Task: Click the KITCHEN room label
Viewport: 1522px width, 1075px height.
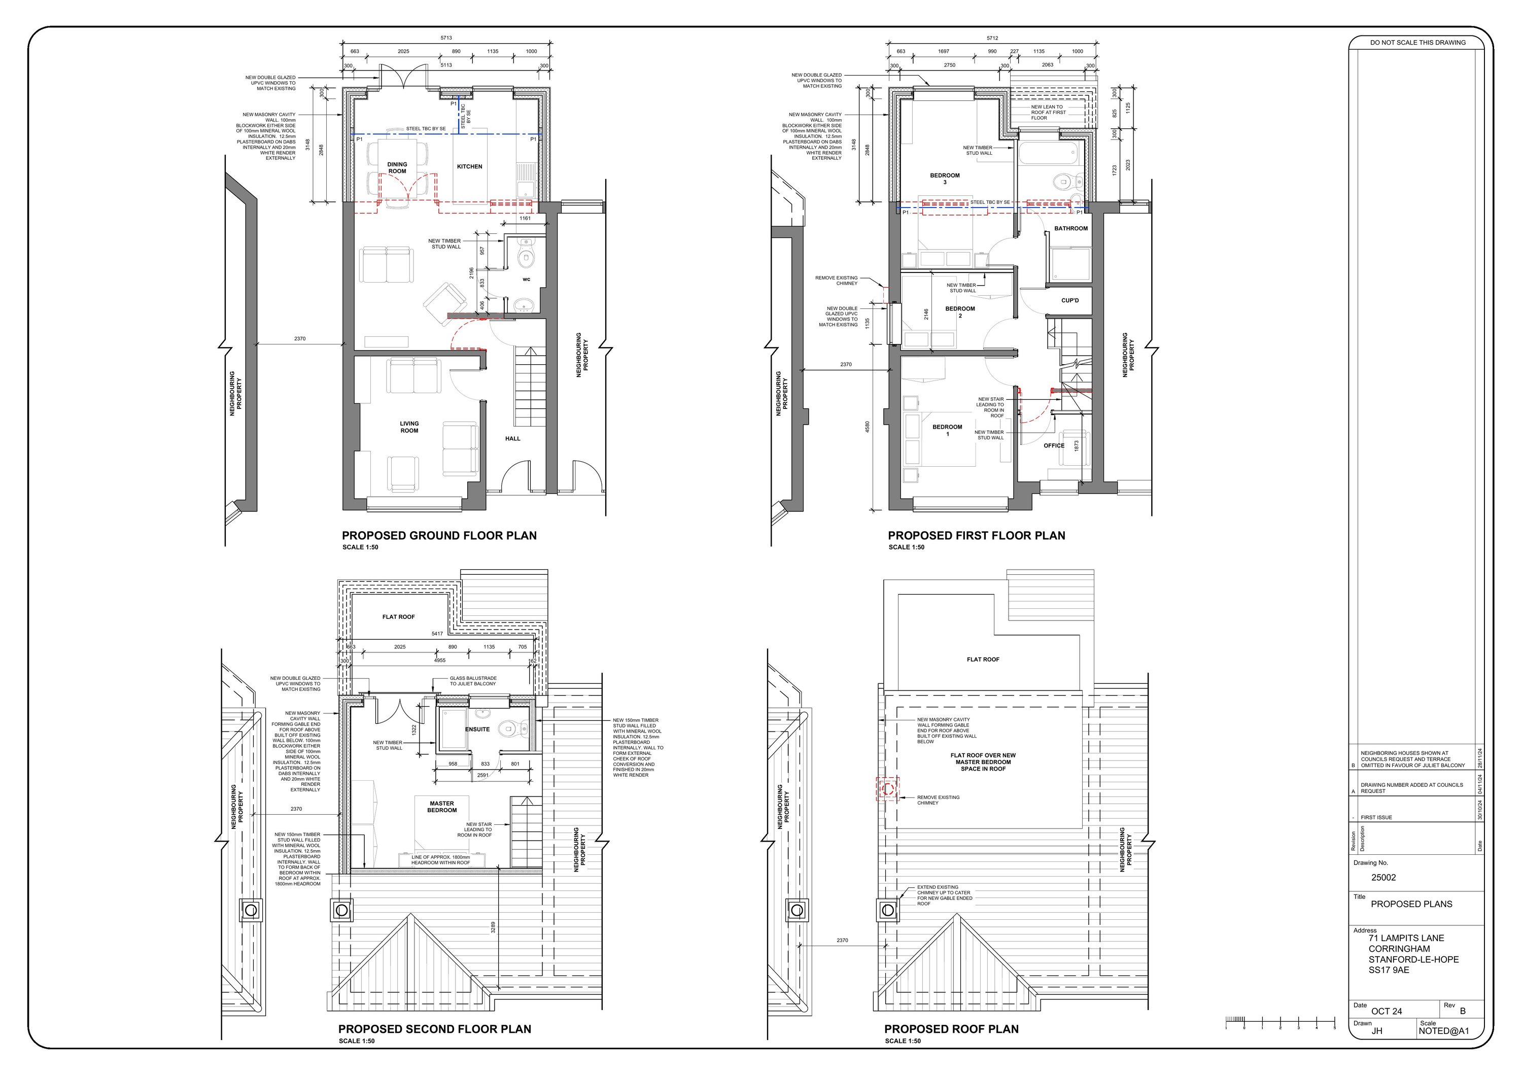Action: (x=469, y=166)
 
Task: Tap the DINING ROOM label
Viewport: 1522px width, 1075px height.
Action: (x=397, y=168)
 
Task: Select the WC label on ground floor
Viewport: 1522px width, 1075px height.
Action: (x=526, y=279)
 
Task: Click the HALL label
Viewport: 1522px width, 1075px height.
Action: (x=512, y=438)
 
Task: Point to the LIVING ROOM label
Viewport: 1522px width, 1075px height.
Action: (x=409, y=427)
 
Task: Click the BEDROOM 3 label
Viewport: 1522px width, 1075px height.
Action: (x=945, y=178)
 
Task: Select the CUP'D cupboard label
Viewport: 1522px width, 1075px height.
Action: (x=1070, y=300)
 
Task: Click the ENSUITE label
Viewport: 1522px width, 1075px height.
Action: (x=477, y=729)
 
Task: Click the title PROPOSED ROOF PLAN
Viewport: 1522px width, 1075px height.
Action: (x=951, y=1029)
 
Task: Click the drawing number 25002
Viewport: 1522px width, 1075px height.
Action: (x=1383, y=877)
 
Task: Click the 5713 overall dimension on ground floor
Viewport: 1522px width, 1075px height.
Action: (x=446, y=38)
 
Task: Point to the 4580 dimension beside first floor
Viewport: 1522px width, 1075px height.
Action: (x=867, y=428)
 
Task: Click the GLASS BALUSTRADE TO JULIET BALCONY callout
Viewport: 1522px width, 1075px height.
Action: (x=473, y=681)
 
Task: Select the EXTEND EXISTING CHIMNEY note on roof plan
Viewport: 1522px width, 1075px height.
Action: (x=944, y=895)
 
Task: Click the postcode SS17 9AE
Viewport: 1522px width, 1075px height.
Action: (x=1389, y=969)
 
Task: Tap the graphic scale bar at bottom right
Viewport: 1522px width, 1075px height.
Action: (x=1280, y=1021)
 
